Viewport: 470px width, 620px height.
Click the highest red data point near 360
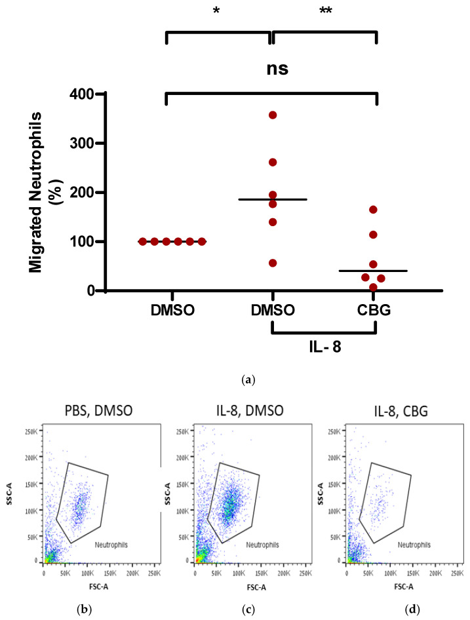pyautogui.click(x=273, y=115)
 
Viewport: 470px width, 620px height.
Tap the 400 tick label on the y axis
pyautogui.click(x=81, y=94)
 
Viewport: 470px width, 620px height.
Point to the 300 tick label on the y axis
pyautogui.click(x=81, y=143)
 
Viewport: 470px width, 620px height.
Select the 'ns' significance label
pyautogui.click(x=277, y=69)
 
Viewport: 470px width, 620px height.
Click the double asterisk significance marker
pyautogui.click(x=326, y=11)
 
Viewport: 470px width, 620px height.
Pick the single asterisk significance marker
pyautogui.click(x=216, y=10)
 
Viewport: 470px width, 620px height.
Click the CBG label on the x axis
pyautogui.click(x=374, y=310)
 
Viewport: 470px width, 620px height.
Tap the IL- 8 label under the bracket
pyautogui.click(x=325, y=347)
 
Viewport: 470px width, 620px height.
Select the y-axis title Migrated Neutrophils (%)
pyautogui.click(x=43, y=192)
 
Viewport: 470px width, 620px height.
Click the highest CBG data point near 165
pyautogui.click(x=373, y=210)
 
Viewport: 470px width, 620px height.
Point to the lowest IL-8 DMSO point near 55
pyautogui.click(x=273, y=263)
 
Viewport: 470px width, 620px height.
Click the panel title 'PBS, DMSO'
pyautogui.click(x=98, y=411)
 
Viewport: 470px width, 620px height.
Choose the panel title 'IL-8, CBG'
pyautogui.click(x=401, y=411)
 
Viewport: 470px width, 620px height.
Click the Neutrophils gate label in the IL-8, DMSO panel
pyautogui.click(x=262, y=545)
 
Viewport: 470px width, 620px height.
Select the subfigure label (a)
pyautogui.click(x=248, y=380)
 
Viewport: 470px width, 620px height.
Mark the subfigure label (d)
pyautogui.click(x=414, y=610)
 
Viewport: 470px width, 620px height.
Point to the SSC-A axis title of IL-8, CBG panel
pyautogui.click(x=321, y=494)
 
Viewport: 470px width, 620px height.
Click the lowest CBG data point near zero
pyautogui.click(x=373, y=287)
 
